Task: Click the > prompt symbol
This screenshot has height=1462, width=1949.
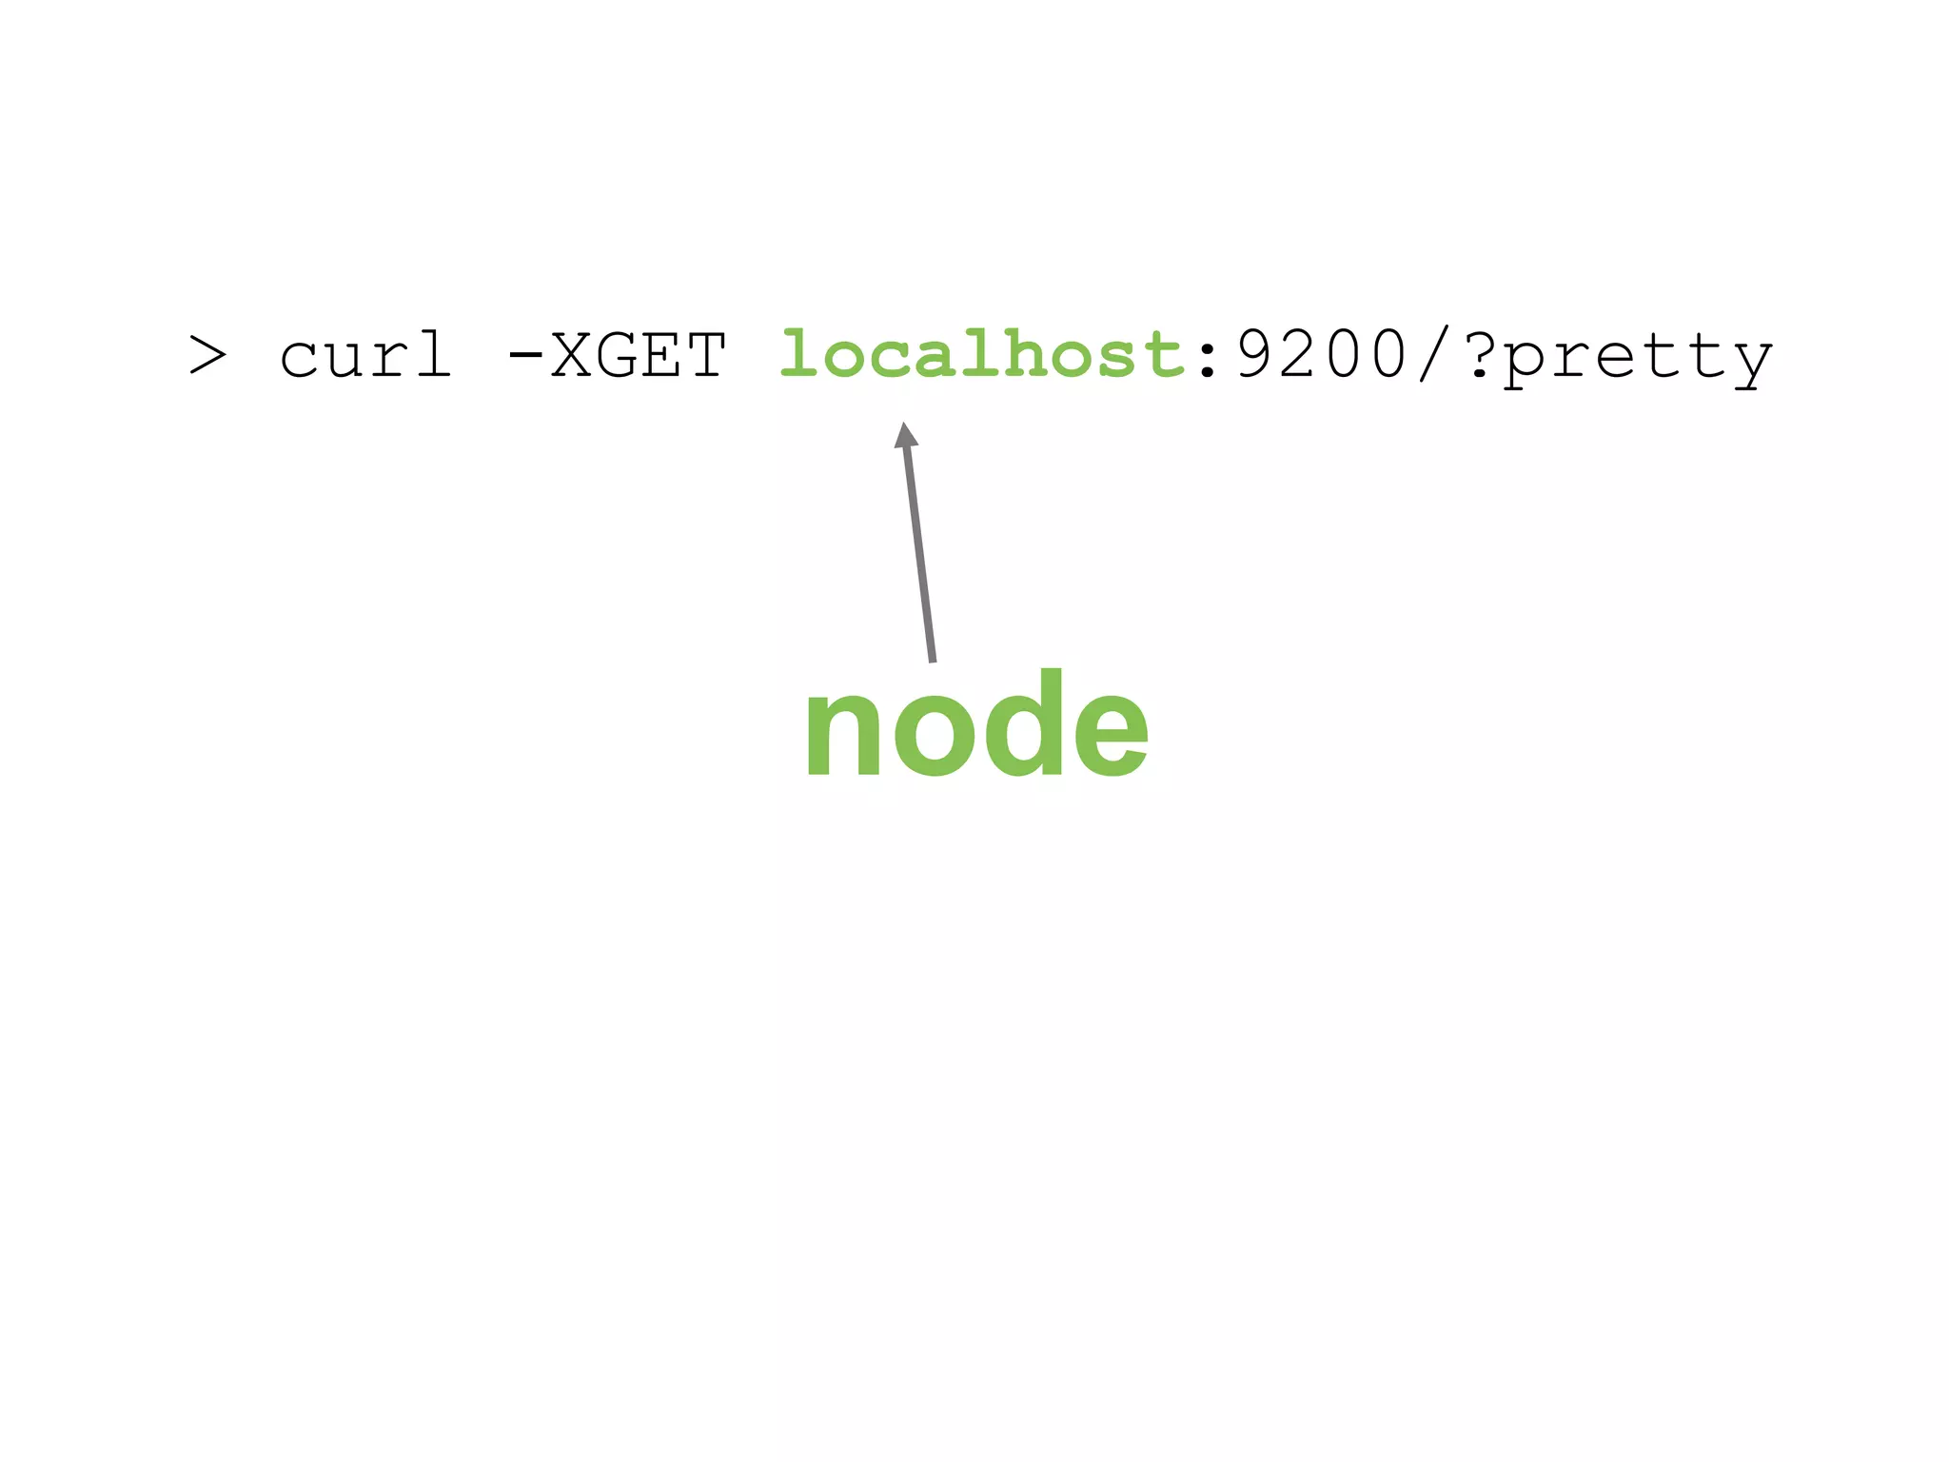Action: point(207,356)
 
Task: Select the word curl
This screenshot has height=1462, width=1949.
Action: point(365,356)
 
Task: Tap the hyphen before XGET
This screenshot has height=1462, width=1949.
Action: point(524,356)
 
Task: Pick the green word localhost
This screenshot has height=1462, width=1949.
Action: point(981,356)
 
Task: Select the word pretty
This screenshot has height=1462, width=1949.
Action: point(1638,360)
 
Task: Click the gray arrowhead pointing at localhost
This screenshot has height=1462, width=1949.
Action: point(906,436)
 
